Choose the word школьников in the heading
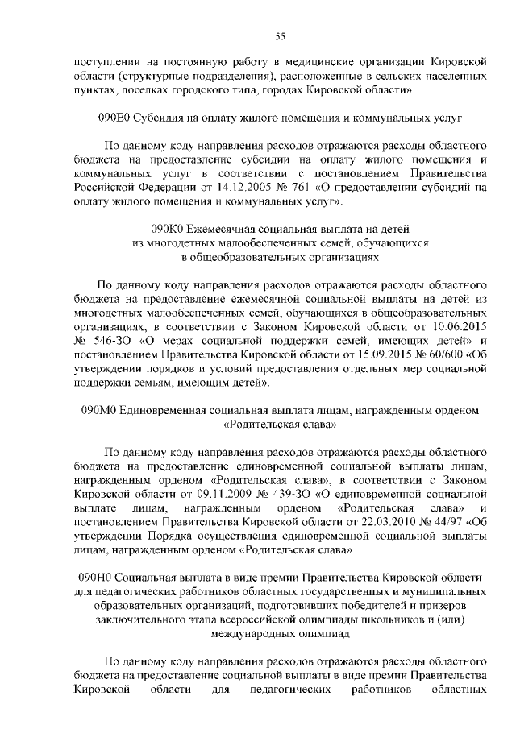pyautogui.click(x=362, y=619)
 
